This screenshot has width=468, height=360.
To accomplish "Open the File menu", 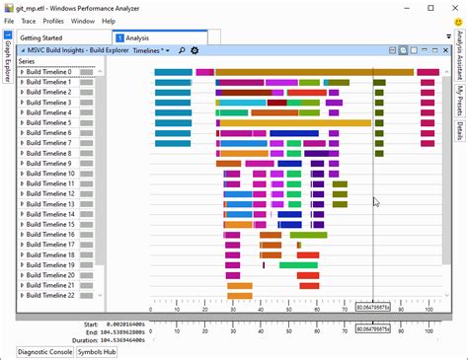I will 8,20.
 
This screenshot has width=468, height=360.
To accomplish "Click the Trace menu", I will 28,20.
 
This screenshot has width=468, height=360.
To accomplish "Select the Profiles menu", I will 53,20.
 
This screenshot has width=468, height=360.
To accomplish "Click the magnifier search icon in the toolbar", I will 182,50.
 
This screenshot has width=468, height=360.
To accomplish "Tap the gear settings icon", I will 195,50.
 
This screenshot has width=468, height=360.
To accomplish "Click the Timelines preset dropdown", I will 151,50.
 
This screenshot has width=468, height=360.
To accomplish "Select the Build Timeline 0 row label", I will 48,72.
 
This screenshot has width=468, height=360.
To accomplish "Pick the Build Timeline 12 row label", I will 50,194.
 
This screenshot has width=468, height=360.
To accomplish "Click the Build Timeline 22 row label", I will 50,295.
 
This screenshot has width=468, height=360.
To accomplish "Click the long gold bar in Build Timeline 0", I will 314,72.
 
